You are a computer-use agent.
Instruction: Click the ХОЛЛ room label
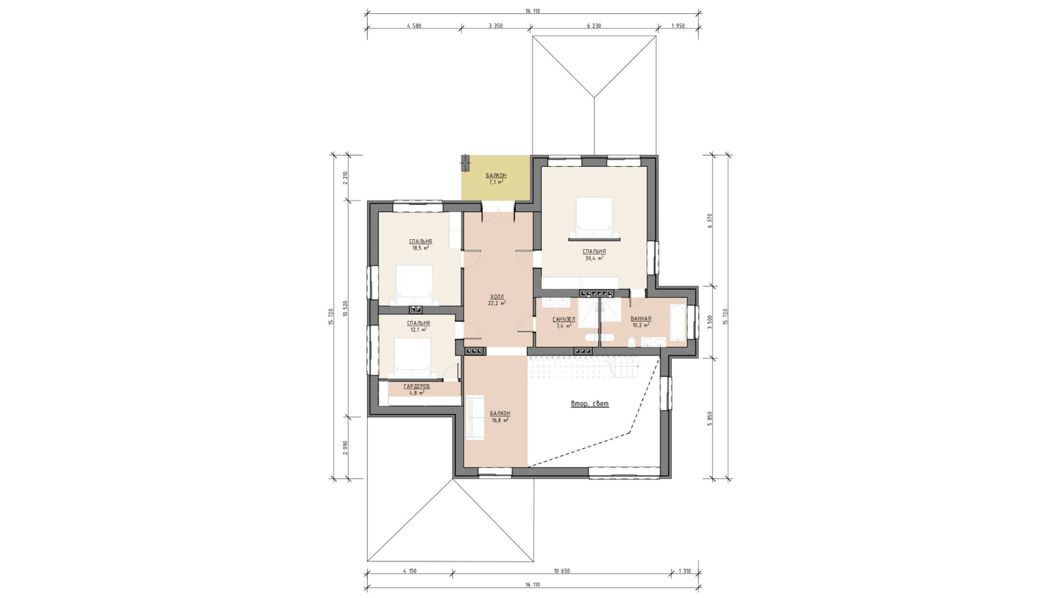(497, 297)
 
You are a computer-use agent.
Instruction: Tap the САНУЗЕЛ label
(564, 319)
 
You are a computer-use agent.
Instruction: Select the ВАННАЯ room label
(641, 319)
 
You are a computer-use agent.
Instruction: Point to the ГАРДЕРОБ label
(417, 386)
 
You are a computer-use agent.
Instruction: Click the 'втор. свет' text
(590, 404)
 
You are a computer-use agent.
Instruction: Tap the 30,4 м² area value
(594, 258)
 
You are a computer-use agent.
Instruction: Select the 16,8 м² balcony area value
(500, 420)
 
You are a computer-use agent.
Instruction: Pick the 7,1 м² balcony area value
(496, 182)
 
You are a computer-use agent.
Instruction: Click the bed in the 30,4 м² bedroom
(594, 218)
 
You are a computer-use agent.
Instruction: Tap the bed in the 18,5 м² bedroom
(414, 285)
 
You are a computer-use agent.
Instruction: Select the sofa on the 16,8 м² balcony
(475, 417)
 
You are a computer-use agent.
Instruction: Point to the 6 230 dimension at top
(594, 26)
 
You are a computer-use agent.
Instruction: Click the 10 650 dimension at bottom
(562, 571)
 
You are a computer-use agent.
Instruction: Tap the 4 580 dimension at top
(414, 26)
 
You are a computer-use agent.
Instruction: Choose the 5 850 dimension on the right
(710, 418)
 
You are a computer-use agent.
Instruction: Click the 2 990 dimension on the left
(345, 448)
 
